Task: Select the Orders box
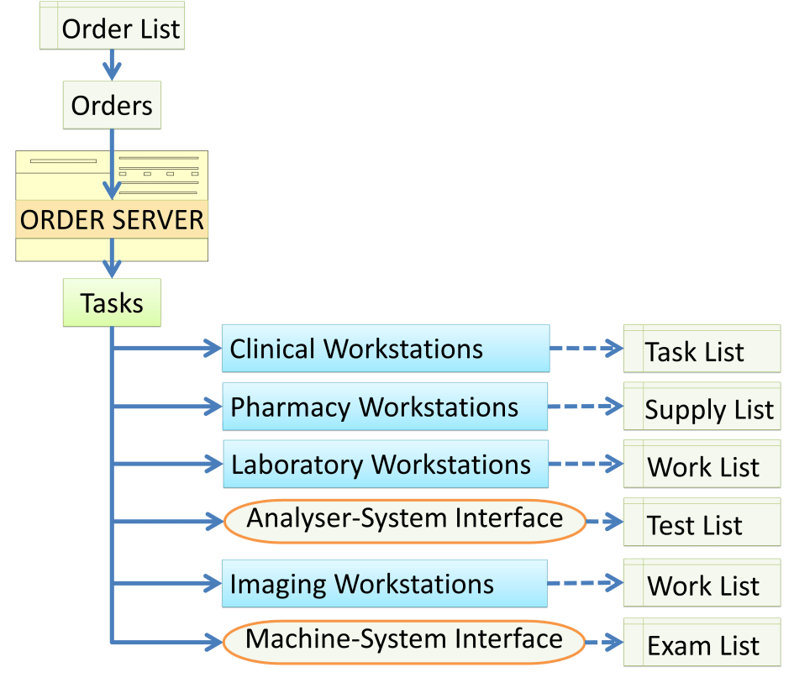pos(112,106)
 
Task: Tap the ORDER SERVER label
pos(112,220)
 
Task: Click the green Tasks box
pos(112,302)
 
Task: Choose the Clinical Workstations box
pos(386,349)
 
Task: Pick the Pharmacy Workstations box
pos(385,407)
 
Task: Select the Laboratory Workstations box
pos(385,465)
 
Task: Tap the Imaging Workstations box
pos(385,584)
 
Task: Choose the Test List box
pos(702,524)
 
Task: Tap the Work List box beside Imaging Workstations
pos(702,585)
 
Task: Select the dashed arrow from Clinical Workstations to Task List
pos(586,348)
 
